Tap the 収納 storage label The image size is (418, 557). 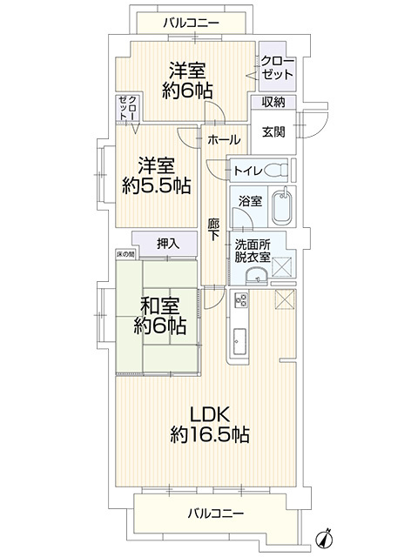tap(274, 102)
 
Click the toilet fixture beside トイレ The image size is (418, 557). tap(278, 170)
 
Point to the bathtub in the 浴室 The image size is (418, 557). tap(281, 209)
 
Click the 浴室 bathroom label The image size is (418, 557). tap(252, 201)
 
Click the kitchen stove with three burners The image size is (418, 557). tap(239, 306)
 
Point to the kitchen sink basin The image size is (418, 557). tap(239, 344)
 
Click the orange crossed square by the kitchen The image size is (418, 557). tap(286, 299)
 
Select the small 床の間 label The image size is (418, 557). tap(126, 254)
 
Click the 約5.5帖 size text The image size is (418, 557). tap(157, 185)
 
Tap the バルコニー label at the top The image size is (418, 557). tap(190, 21)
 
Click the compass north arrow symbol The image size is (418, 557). tap(327, 538)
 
